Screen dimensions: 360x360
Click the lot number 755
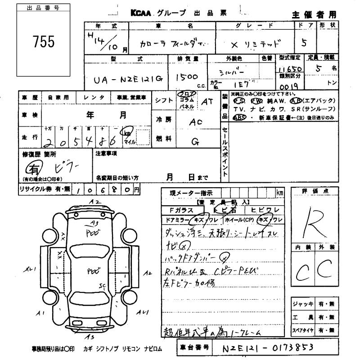(44, 42)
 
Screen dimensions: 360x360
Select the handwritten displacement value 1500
(186, 76)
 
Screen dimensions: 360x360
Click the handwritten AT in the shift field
(207, 102)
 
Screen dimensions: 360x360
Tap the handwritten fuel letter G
(195, 141)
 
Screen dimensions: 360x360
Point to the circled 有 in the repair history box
(34, 169)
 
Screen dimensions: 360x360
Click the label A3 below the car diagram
(91, 336)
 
